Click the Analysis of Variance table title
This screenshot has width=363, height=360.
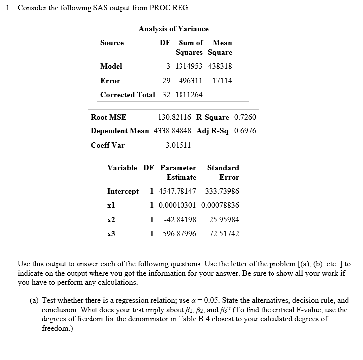pos(174,29)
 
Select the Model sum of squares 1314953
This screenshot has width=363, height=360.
pos(189,66)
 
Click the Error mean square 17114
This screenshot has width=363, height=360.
pos(222,81)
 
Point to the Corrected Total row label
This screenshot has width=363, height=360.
pos(127,95)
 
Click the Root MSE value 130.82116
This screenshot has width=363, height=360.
pos(175,117)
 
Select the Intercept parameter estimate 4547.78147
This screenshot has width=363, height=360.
pos(177,191)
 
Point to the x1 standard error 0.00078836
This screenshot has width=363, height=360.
pos(220,205)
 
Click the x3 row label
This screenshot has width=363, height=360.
pos(111,234)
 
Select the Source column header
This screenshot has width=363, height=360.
pos(112,43)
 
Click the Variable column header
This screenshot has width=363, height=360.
pos(122,168)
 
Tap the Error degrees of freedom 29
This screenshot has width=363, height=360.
pos(167,81)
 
